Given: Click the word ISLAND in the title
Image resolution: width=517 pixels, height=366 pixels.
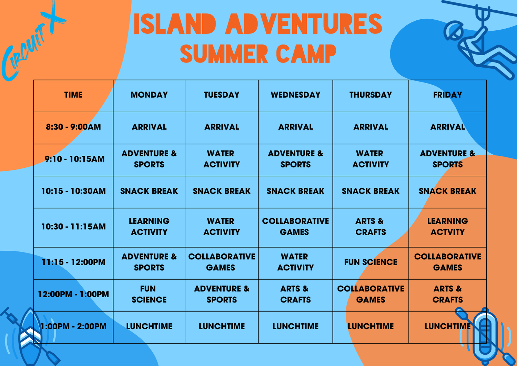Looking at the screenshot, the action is pos(175,23).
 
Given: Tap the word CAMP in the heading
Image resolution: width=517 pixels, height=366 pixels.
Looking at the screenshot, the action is pos(306,54).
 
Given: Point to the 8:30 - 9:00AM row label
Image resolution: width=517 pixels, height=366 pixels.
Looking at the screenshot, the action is pos(73,127).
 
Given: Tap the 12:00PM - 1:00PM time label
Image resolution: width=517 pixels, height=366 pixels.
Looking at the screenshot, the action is pos(73,294).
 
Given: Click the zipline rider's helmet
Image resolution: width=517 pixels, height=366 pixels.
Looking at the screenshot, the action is pos(454,31).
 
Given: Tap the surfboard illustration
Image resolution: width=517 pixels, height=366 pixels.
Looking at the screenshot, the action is pos(30,336).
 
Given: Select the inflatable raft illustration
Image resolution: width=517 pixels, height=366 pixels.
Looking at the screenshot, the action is pos(485,336).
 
